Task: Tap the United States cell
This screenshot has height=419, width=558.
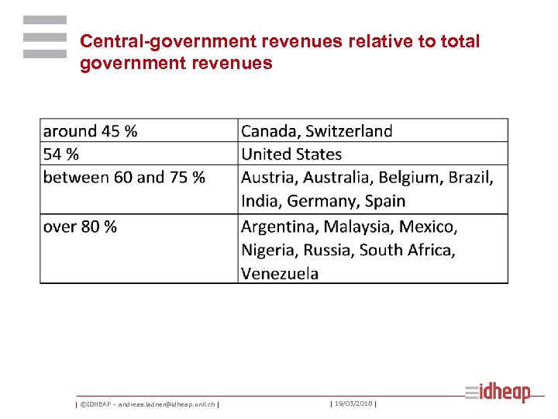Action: click(x=291, y=154)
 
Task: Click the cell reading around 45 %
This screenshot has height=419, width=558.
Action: click(x=90, y=131)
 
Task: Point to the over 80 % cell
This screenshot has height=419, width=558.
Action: click(x=80, y=227)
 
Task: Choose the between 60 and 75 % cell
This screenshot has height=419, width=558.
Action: click(x=124, y=177)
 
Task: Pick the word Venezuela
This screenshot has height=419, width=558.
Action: click(x=280, y=273)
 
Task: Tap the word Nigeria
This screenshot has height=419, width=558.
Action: click(x=269, y=250)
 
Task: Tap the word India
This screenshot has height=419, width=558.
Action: click(x=260, y=201)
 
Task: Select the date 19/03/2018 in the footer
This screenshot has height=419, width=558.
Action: click(x=353, y=403)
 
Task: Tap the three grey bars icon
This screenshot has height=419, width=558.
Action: click(x=45, y=36)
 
